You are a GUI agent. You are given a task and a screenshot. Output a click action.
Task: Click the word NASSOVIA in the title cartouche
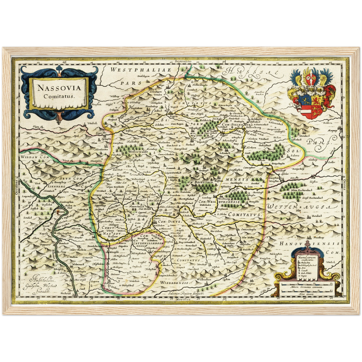point(59,88)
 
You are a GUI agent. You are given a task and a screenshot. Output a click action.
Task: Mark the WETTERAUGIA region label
point(301,207)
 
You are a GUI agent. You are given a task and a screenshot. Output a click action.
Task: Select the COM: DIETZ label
point(169,221)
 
